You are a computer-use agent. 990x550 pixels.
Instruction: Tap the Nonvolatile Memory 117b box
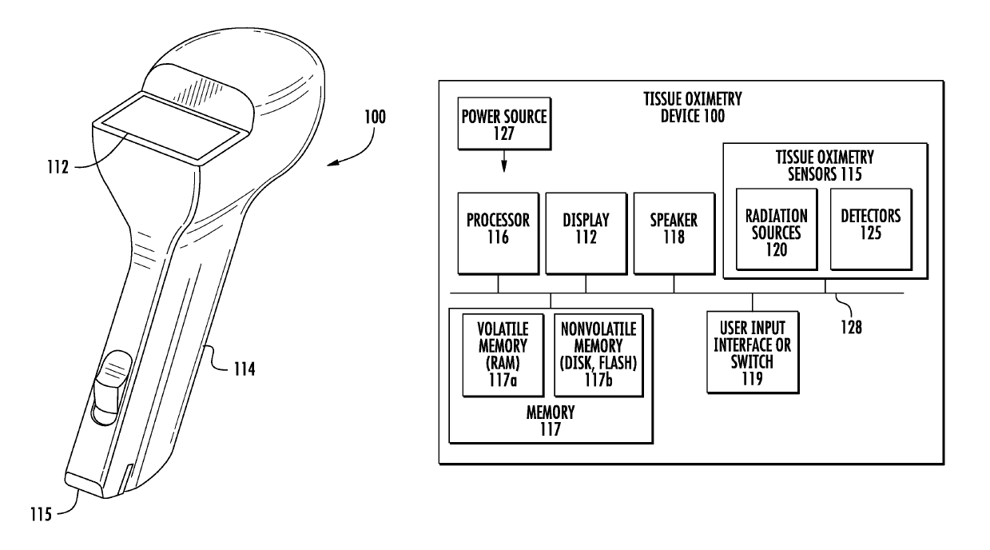pyautogui.click(x=593, y=354)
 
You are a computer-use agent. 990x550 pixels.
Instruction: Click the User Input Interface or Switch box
pyautogui.click(x=752, y=353)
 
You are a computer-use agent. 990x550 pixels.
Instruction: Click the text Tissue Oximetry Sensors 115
pyautogui.click(x=825, y=165)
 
